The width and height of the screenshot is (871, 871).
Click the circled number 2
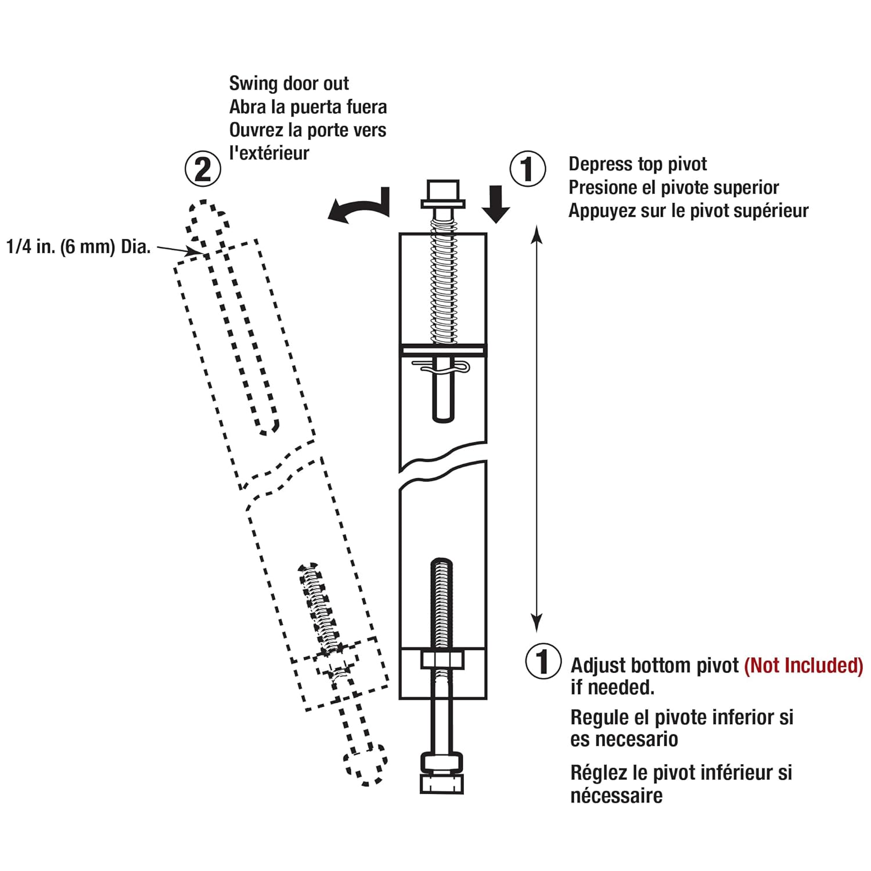coord(203,170)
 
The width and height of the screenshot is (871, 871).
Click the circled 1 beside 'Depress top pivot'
coord(527,169)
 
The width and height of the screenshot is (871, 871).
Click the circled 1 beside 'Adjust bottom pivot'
coord(543,661)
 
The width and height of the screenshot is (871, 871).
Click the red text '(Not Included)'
coord(804,665)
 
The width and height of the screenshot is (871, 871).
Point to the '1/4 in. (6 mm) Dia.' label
coord(78,247)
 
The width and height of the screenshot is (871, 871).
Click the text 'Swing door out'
coord(289,84)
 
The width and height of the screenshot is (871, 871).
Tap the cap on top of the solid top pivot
coord(442,194)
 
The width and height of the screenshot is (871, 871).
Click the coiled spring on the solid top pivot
coord(442,285)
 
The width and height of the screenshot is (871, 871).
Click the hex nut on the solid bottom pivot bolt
coord(442,660)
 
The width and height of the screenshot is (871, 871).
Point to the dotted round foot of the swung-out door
coord(366,764)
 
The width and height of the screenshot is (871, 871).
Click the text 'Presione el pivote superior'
coord(674,188)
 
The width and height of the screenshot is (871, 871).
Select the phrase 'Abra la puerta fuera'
coord(308,107)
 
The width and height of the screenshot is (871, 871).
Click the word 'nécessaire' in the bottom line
coord(616,796)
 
